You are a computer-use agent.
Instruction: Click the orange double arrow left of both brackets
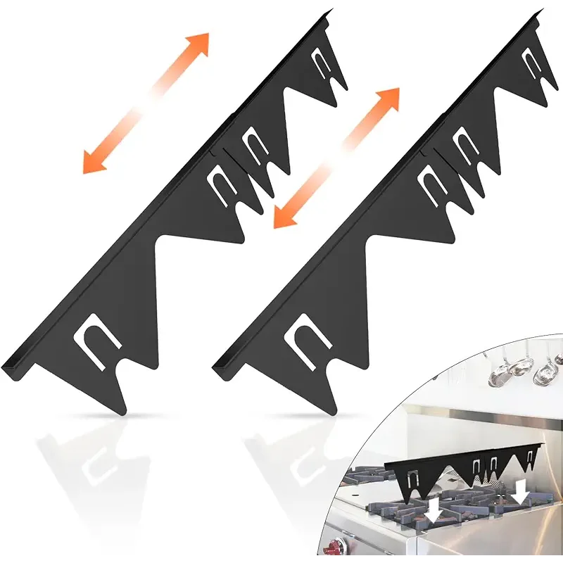[x=146, y=103]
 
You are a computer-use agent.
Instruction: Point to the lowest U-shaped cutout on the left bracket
[x=96, y=341]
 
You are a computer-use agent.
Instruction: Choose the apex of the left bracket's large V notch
[x=157, y=246]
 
